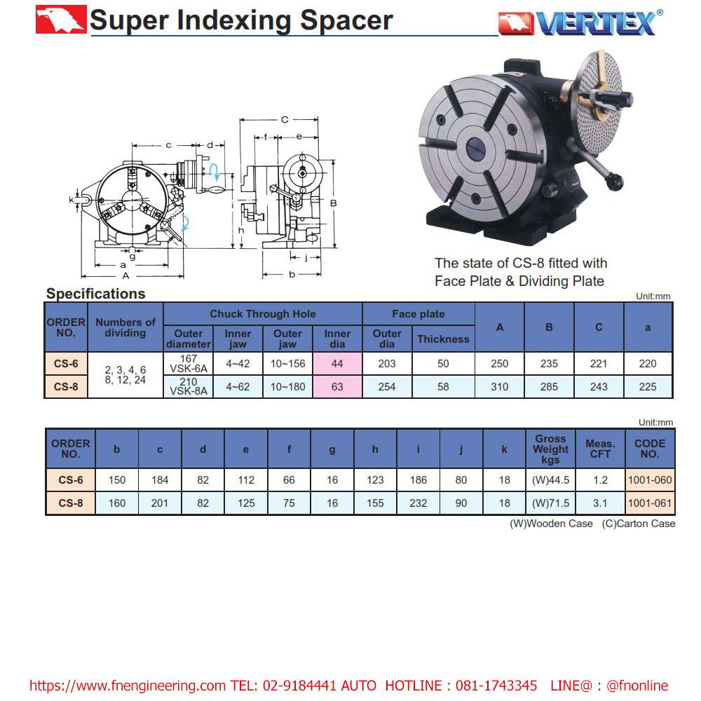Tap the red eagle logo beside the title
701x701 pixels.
click(x=61, y=20)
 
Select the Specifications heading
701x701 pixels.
click(x=95, y=294)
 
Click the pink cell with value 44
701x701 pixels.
click(x=337, y=364)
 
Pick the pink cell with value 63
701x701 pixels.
click(x=337, y=387)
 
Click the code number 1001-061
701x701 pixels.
click(x=650, y=503)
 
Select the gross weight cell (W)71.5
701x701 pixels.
click(x=550, y=503)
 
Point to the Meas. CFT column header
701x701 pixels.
click(x=600, y=449)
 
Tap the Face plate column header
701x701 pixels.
click(x=418, y=314)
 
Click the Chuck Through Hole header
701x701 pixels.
click(x=263, y=314)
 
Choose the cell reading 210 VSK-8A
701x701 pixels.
click(x=188, y=387)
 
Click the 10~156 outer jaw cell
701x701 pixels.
click(x=287, y=364)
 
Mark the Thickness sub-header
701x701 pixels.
click(x=443, y=339)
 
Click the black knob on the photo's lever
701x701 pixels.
click(x=615, y=183)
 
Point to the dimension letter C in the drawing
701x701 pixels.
click(x=285, y=120)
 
